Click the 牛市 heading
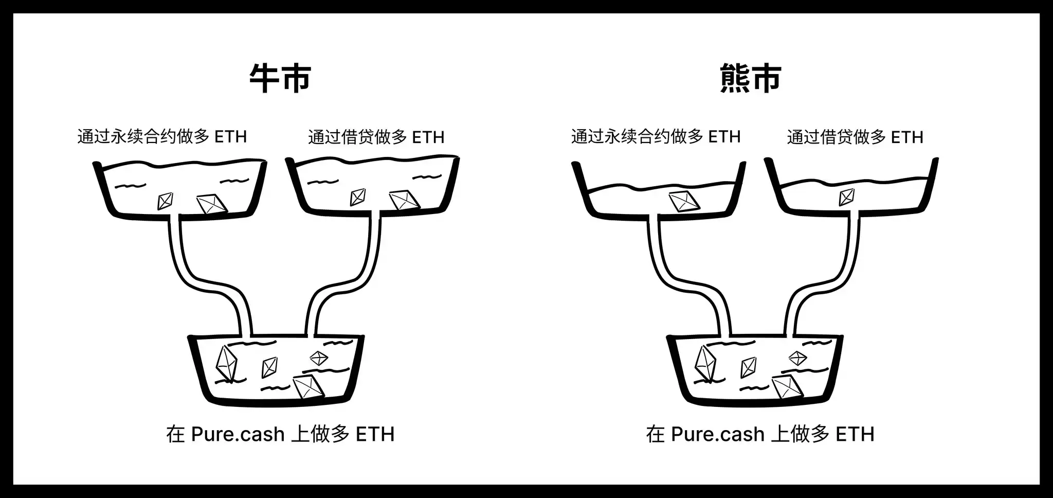click(280, 78)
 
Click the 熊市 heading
click(751, 78)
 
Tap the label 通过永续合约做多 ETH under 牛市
click(162, 137)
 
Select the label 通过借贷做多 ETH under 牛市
click(376, 137)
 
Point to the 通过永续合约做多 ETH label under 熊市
click(656, 137)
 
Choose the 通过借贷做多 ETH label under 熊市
click(855, 137)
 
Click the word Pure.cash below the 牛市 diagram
click(238, 435)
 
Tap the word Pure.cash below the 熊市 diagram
click(718, 435)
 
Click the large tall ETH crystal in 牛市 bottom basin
click(226, 363)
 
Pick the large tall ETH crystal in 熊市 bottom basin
click(706, 363)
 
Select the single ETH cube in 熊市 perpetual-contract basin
click(684, 201)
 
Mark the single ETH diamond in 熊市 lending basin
click(846, 197)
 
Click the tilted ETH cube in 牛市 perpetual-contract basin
click(212, 204)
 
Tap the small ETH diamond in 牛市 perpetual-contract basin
click(165, 201)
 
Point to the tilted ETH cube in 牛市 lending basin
click(404, 201)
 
